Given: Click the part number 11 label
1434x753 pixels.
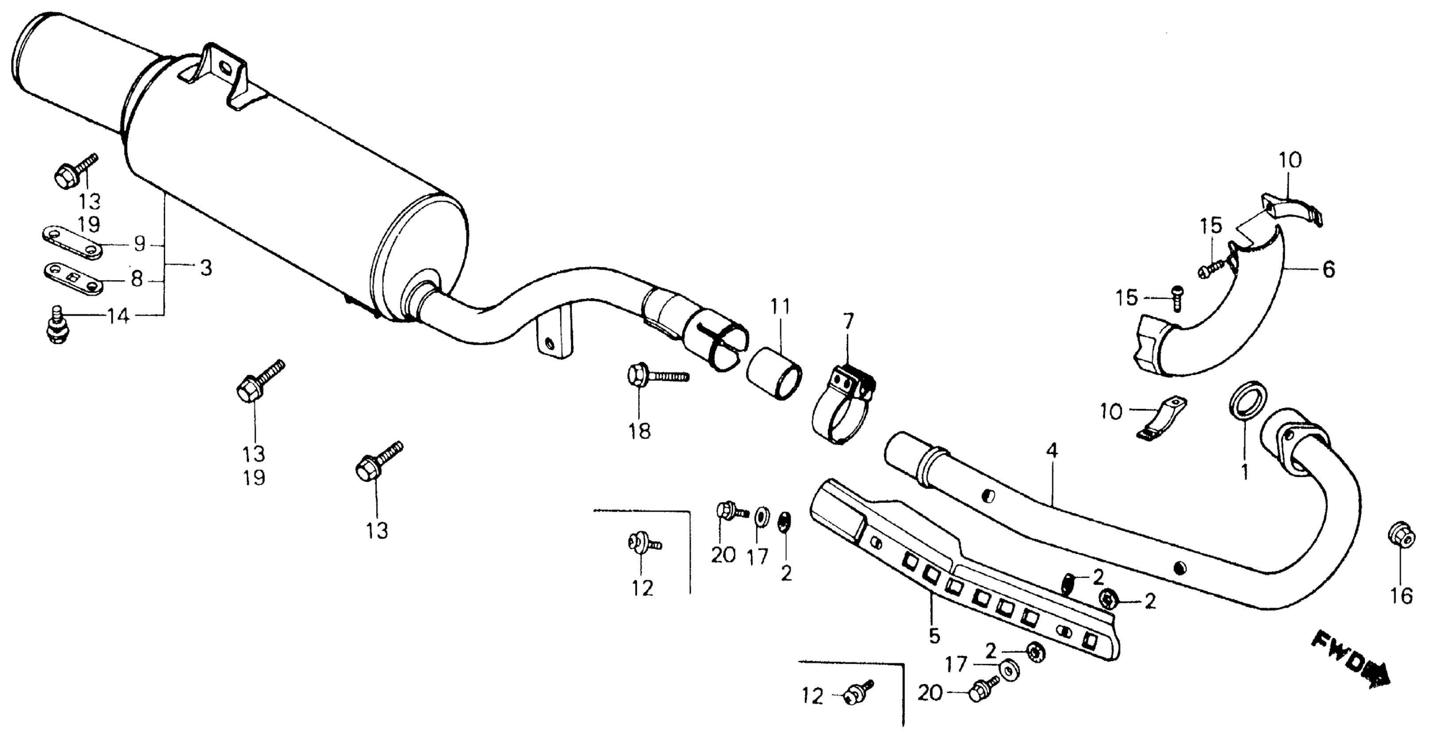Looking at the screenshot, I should [780, 307].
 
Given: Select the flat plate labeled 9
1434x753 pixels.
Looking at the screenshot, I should [71, 242].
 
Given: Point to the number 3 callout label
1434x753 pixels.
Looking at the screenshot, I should [205, 268].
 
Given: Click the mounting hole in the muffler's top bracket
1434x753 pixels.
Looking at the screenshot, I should [225, 69].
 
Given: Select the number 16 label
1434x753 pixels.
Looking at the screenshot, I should [1401, 596].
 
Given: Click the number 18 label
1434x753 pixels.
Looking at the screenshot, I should [640, 431].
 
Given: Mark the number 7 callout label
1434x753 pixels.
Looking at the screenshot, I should [848, 322].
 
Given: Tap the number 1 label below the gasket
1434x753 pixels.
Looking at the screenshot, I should [1245, 472].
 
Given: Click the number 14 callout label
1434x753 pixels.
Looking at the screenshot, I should [118, 316].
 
